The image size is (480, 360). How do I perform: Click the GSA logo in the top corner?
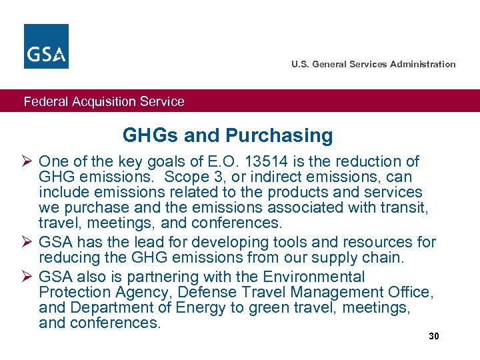click(x=46, y=46)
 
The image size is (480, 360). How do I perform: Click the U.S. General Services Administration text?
click(x=373, y=65)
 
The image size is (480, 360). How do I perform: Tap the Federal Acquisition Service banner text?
click(x=104, y=102)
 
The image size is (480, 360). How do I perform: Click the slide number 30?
click(x=434, y=336)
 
